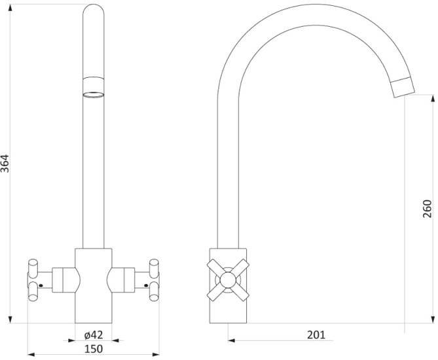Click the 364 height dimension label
tap(5, 164)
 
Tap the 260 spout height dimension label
tap(428, 209)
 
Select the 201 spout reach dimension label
tap(316, 334)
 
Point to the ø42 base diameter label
tap(94, 334)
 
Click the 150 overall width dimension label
tap(94, 349)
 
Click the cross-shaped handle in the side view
tap(228, 280)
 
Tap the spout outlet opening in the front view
tap(94, 95)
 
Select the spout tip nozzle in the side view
tap(403, 87)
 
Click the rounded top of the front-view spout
tap(94, 10)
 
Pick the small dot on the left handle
tap(41, 285)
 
